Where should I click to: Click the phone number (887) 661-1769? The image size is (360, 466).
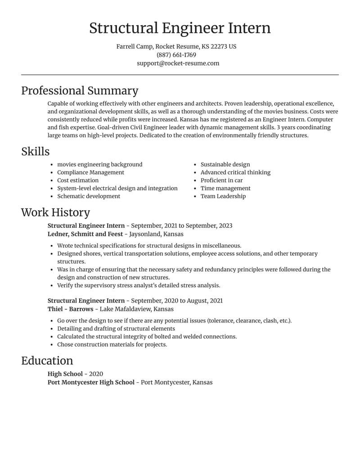176,55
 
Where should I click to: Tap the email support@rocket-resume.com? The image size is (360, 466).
178,63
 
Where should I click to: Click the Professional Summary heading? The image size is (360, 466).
80,90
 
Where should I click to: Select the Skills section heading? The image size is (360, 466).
35,152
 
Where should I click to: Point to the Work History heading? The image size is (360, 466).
55,213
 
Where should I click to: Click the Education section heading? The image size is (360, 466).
47,361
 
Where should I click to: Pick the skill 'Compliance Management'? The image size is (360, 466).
90,172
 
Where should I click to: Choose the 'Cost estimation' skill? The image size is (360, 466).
78,181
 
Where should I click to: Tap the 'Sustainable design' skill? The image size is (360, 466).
225,165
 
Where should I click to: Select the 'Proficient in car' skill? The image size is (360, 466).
221,181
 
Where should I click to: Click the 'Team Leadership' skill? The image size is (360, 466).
223,196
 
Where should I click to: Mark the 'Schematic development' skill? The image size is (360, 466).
89,196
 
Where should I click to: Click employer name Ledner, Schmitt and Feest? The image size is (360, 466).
85,234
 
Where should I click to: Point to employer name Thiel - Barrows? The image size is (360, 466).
70,309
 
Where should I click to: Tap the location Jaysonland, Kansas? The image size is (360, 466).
156,234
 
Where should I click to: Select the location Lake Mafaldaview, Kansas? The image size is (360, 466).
136,309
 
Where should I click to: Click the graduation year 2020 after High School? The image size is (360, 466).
96,374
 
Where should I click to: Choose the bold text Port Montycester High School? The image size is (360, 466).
91,382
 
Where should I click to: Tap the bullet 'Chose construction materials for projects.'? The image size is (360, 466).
112,344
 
